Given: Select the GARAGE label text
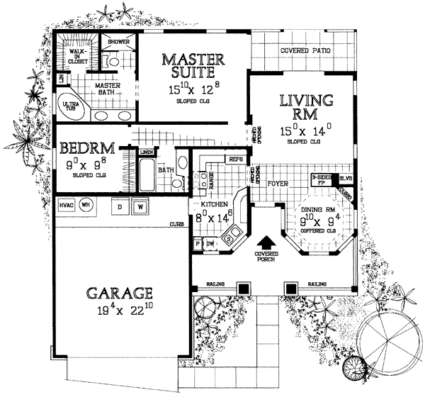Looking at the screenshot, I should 120,291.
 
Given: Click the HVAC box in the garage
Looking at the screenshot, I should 67,206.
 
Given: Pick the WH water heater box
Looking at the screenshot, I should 86,206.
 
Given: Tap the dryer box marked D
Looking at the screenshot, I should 120,206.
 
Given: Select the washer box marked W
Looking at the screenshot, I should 140,206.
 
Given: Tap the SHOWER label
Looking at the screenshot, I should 118,42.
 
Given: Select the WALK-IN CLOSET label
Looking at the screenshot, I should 77,57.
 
